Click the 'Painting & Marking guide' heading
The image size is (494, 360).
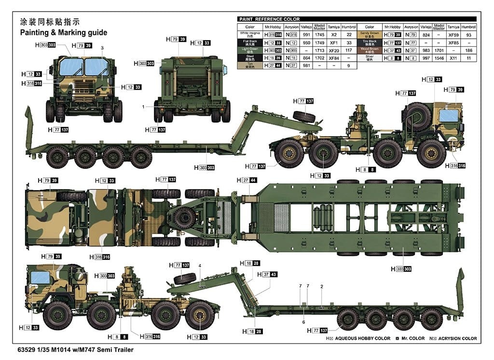pos(63,33)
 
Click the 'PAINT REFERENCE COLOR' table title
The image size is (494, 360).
pos(269,19)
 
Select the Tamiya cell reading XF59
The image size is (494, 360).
pos(453,35)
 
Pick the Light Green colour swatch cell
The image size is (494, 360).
pos(249,50)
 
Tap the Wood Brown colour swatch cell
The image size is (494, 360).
pos(369,50)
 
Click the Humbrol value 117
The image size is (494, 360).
pos(348,50)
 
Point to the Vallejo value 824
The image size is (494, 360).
pos(425,35)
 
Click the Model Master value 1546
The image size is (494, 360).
pos(439,57)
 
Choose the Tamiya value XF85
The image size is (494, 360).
pos(453,42)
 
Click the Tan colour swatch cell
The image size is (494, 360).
pos(249,65)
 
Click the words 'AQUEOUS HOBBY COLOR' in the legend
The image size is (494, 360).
pos(363,339)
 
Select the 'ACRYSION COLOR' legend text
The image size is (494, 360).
pos(455,339)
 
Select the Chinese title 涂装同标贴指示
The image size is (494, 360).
pos(49,22)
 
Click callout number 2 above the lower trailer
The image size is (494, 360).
pos(322,286)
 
